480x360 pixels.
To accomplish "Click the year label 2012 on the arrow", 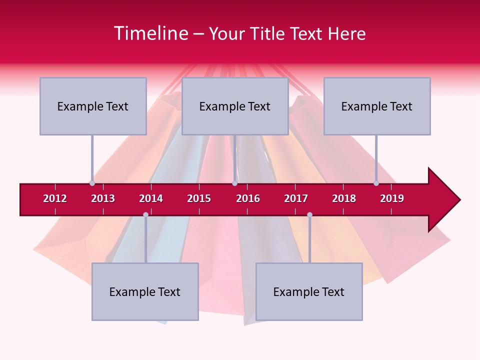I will [x=55, y=198].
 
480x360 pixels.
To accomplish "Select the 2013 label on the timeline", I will [x=103, y=198].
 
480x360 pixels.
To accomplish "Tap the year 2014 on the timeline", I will [x=151, y=198].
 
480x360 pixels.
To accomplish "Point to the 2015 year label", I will [x=199, y=198].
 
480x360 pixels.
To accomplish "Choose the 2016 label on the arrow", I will [x=248, y=198].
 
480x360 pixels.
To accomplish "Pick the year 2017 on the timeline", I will [x=296, y=198].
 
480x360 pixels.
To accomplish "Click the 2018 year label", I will [x=344, y=198].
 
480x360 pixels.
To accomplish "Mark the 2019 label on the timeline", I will [x=392, y=198].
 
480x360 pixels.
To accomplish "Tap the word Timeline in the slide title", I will [x=150, y=33].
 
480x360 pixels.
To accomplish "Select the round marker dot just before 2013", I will [x=92, y=183].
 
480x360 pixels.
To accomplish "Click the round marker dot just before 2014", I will [x=145, y=214].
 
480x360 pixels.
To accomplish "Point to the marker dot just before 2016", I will [x=234, y=183].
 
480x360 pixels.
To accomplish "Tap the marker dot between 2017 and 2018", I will [x=309, y=214].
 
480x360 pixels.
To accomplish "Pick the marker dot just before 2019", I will [x=376, y=183].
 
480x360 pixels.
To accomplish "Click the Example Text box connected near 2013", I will [x=93, y=106].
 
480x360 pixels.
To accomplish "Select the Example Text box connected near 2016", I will [x=235, y=106].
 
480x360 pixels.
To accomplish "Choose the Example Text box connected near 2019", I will [x=377, y=106].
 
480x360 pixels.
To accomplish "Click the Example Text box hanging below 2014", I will [x=145, y=291].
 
